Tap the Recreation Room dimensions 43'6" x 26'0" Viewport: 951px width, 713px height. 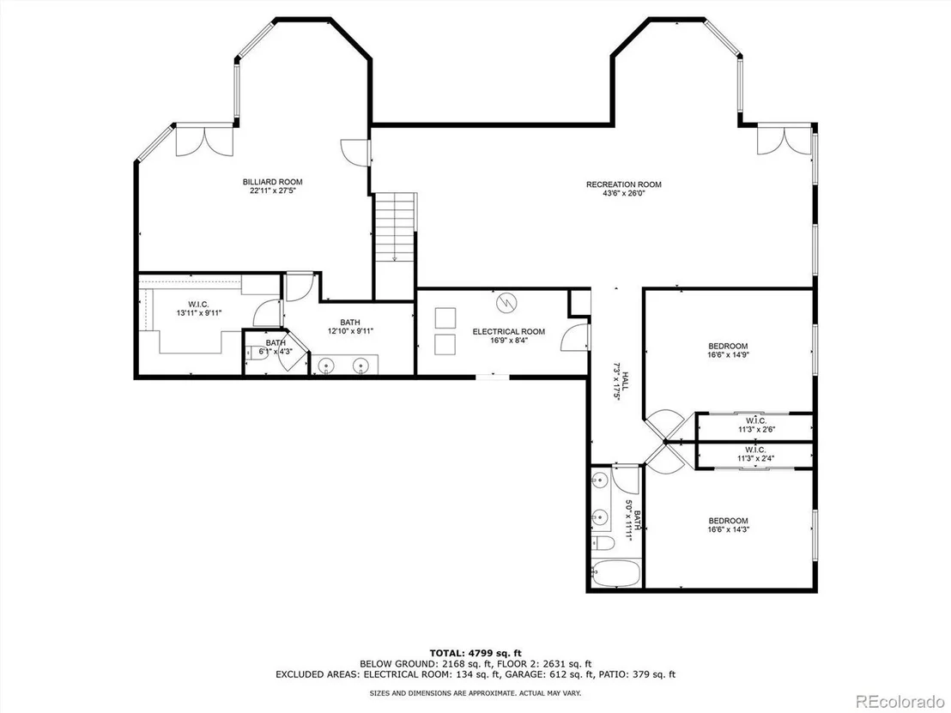623,193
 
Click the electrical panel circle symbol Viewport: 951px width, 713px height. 506,302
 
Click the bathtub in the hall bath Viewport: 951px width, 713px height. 615,573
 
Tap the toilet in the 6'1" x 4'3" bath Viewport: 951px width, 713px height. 257,353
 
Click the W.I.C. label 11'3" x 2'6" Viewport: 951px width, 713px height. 756,425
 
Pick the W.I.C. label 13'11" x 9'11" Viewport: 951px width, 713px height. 199,309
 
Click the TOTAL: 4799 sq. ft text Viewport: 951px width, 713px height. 475,653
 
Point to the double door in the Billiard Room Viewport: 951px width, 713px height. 204,140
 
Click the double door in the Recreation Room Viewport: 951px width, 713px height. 784,140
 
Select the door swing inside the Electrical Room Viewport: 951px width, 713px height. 574,338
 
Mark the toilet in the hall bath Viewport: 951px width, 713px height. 603,542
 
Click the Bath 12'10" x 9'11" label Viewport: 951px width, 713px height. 350,327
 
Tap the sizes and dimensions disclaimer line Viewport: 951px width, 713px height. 475,692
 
